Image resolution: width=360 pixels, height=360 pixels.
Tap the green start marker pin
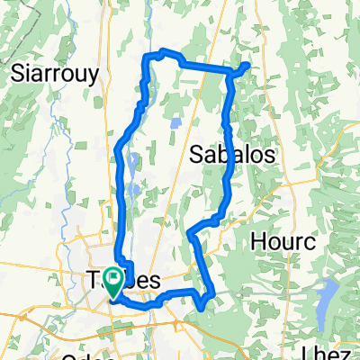pyautogui.click(x=113, y=282)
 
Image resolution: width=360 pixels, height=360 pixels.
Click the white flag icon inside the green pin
pyautogui.click(x=113, y=277)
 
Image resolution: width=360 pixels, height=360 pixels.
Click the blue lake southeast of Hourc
pyautogui.click(x=328, y=296)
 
